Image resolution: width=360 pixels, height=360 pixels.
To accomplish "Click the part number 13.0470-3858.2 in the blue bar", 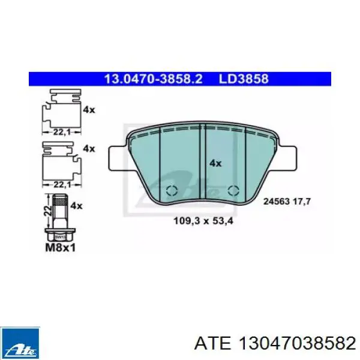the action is (153, 79).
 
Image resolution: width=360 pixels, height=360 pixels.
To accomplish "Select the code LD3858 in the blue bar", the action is (244, 79).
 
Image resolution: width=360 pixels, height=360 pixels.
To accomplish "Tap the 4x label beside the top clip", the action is (89, 110).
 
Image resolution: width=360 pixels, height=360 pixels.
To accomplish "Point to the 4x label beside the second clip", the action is (89, 149).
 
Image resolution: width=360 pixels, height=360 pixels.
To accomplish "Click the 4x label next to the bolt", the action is (76, 206).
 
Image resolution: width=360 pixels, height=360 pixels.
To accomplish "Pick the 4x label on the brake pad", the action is (215, 163).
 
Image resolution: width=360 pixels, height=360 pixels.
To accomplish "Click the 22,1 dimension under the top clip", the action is (62, 132).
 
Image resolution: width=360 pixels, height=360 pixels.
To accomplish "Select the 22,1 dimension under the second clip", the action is (62, 184).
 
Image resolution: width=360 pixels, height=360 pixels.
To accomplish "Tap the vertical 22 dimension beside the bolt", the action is (48, 211).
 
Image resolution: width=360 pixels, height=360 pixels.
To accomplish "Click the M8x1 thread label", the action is (61, 247).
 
